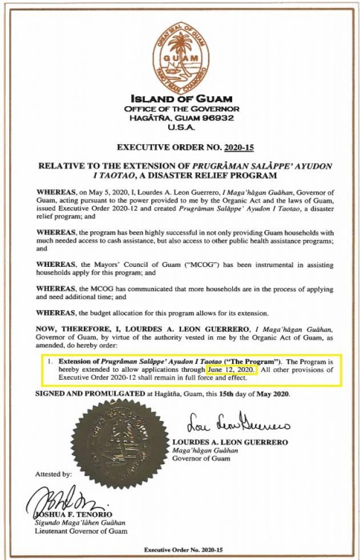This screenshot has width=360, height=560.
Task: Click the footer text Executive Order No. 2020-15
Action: (181, 549)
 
